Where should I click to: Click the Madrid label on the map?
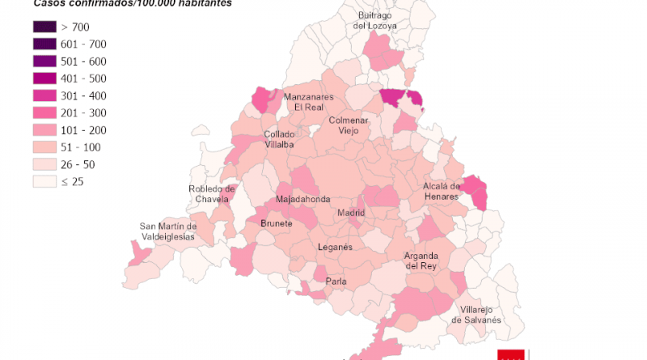pyautogui.click(x=351, y=213)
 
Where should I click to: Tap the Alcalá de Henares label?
pyautogui.click(x=441, y=191)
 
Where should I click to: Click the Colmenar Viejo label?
pyautogui.click(x=349, y=125)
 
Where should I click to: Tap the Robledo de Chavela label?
pyautogui.click(x=211, y=194)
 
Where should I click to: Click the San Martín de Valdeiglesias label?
pyautogui.click(x=167, y=231)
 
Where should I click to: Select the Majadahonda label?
pyautogui.click(x=302, y=199)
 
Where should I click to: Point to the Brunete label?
pyautogui.click(x=277, y=223)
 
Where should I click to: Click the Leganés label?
pyautogui.click(x=335, y=247)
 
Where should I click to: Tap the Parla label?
pyautogui.click(x=336, y=282)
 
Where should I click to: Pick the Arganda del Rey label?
pyautogui.click(x=421, y=260)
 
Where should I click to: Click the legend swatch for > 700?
pyautogui.click(x=44, y=27)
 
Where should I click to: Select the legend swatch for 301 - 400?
pyautogui.click(x=44, y=95)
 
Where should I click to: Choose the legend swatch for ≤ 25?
pyautogui.click(x=44, y=181)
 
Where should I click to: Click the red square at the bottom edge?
pyautogui.click(x=512, y=354)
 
